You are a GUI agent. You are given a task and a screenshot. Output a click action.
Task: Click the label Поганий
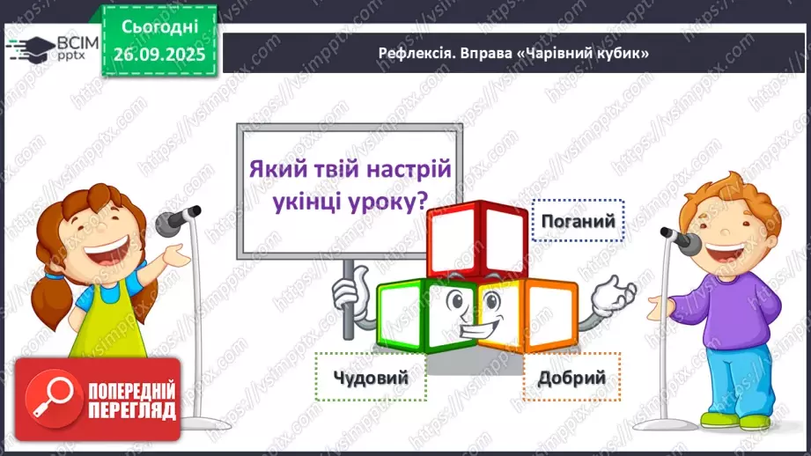(x=578, y=220)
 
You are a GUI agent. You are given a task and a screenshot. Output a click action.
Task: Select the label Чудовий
(x=372, y=378)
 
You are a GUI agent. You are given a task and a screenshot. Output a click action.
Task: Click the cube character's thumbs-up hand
(x=349, y=286)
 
